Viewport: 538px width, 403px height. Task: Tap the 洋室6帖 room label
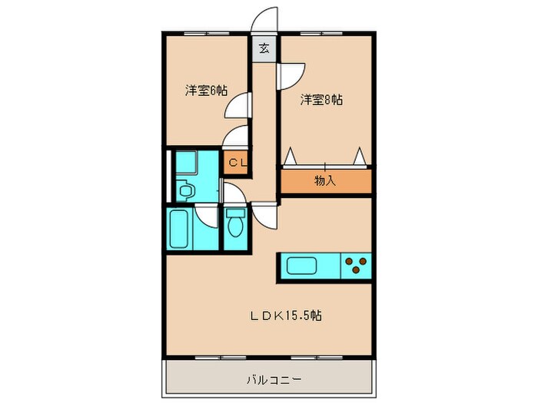click(x=205, y=90)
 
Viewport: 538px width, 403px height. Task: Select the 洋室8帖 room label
click(x=321, y=100)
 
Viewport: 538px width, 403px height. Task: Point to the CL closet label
click(x=236, y=162)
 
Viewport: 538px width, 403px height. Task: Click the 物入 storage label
click(x=325, y=181)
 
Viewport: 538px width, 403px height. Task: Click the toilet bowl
click(x=236, y=225)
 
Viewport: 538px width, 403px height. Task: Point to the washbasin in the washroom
click(x=185, y=190)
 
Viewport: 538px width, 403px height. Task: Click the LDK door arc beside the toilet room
click(x=265, y=215)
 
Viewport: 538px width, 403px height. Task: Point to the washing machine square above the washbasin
click(x=185, y=162)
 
